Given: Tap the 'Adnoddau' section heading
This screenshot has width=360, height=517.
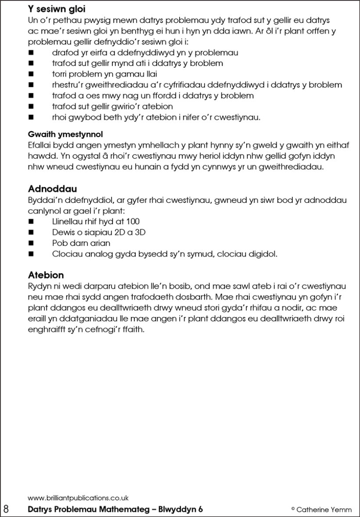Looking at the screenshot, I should (52, 189).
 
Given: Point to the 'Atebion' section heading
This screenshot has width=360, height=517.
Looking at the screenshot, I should (46, 275).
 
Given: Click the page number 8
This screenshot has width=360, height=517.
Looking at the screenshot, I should (6, 510).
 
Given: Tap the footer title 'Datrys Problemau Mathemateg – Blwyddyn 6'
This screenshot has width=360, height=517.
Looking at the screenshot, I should (115, 510).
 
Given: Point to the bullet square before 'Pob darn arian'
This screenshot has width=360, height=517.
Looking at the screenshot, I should (31, 243).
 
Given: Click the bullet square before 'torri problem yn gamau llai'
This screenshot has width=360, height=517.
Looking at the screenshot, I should (31, 74).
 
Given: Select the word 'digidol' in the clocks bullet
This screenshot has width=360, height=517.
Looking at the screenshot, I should (263, 254).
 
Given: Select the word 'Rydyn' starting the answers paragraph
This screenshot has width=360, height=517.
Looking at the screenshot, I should (40, 286).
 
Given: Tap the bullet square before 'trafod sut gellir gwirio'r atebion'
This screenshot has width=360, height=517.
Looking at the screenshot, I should (31, 106).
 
